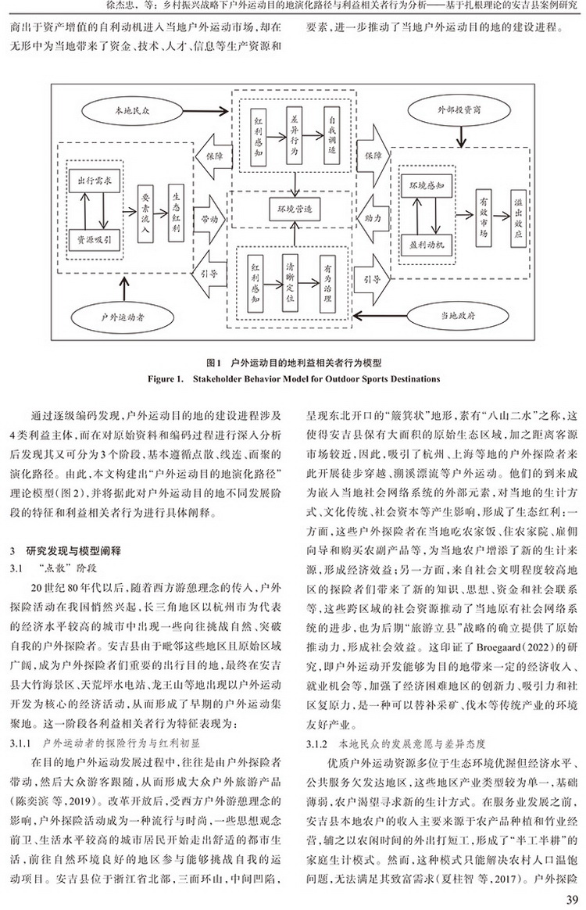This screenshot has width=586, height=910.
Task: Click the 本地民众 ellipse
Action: [x=132, y=110]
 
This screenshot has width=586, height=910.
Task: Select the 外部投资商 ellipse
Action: [x=459, y=109]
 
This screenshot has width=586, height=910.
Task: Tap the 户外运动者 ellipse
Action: [x=123, y=317]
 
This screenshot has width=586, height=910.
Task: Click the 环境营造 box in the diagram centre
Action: [x=295, y=209]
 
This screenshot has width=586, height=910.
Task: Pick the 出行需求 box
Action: [x=95, y=181]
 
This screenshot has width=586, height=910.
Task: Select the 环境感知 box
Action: [x=427, y=186]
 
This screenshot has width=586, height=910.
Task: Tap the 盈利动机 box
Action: [x=427, y=245]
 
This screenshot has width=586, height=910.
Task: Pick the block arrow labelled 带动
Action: [x=209, y=220]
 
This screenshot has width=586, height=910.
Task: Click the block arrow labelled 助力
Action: [x=373, y=219]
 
